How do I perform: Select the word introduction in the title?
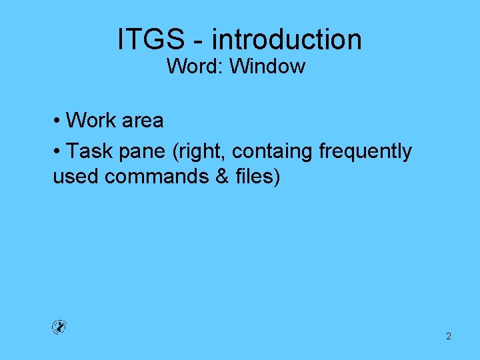287,39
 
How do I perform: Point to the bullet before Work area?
57,121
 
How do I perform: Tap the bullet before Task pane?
57,151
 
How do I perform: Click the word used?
76,177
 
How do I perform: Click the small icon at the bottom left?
59,327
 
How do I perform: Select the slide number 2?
448,337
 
